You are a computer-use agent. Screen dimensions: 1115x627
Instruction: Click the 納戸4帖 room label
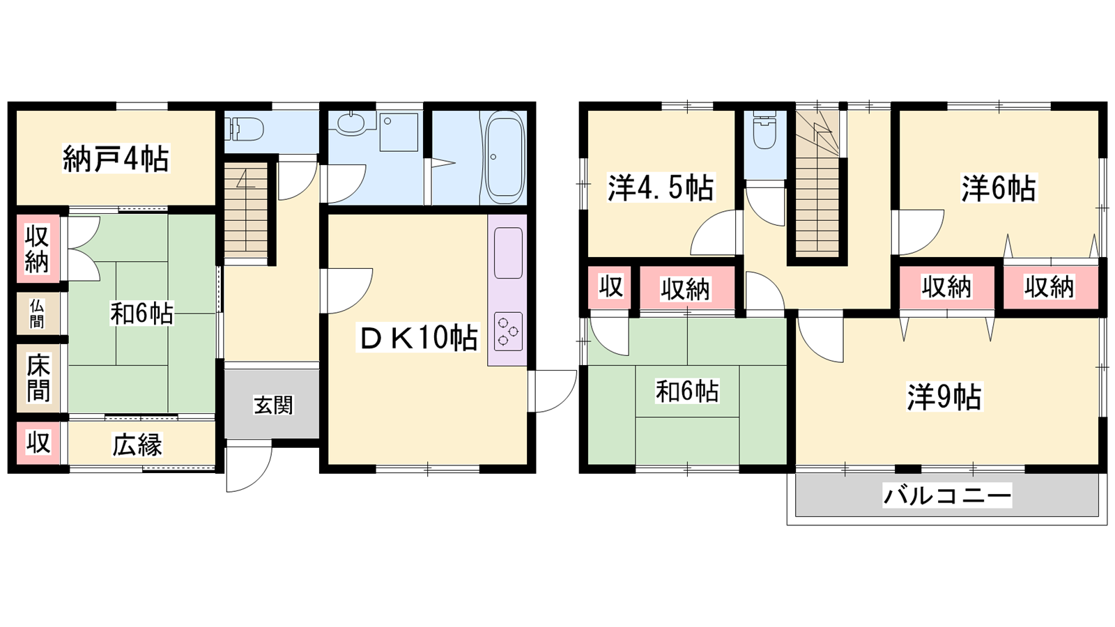[x=116, y=159]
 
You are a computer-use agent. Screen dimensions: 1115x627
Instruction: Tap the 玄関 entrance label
[x=273, y=405]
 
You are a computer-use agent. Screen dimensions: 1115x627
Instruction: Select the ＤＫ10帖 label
[x=417, y=337]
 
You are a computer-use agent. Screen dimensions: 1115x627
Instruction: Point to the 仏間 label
[x=36, y=313]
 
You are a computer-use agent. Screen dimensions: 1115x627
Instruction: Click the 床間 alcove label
[x=38, y=378]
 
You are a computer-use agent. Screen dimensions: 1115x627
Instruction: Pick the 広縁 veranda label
[x=137, y=445]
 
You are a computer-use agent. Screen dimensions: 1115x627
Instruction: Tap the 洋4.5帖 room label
[x=660, y=187]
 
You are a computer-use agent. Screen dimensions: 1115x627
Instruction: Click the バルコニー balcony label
[x=947, y=495]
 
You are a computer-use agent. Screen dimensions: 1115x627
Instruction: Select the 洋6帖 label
[x=999, y=189]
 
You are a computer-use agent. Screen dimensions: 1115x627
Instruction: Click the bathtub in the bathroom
[x=505, y=157]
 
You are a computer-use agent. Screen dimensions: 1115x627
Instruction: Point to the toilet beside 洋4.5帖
[x=764, y=130]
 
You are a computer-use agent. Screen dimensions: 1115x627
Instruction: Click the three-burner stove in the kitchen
[x=508, y=331]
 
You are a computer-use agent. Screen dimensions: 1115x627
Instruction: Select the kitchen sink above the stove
[x=508, y=253]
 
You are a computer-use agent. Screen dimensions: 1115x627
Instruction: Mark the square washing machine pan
[x=399, y=132]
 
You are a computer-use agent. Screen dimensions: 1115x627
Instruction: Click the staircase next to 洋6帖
[x=817, y=182]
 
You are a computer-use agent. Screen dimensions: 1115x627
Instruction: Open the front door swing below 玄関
[x=249, y=466]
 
